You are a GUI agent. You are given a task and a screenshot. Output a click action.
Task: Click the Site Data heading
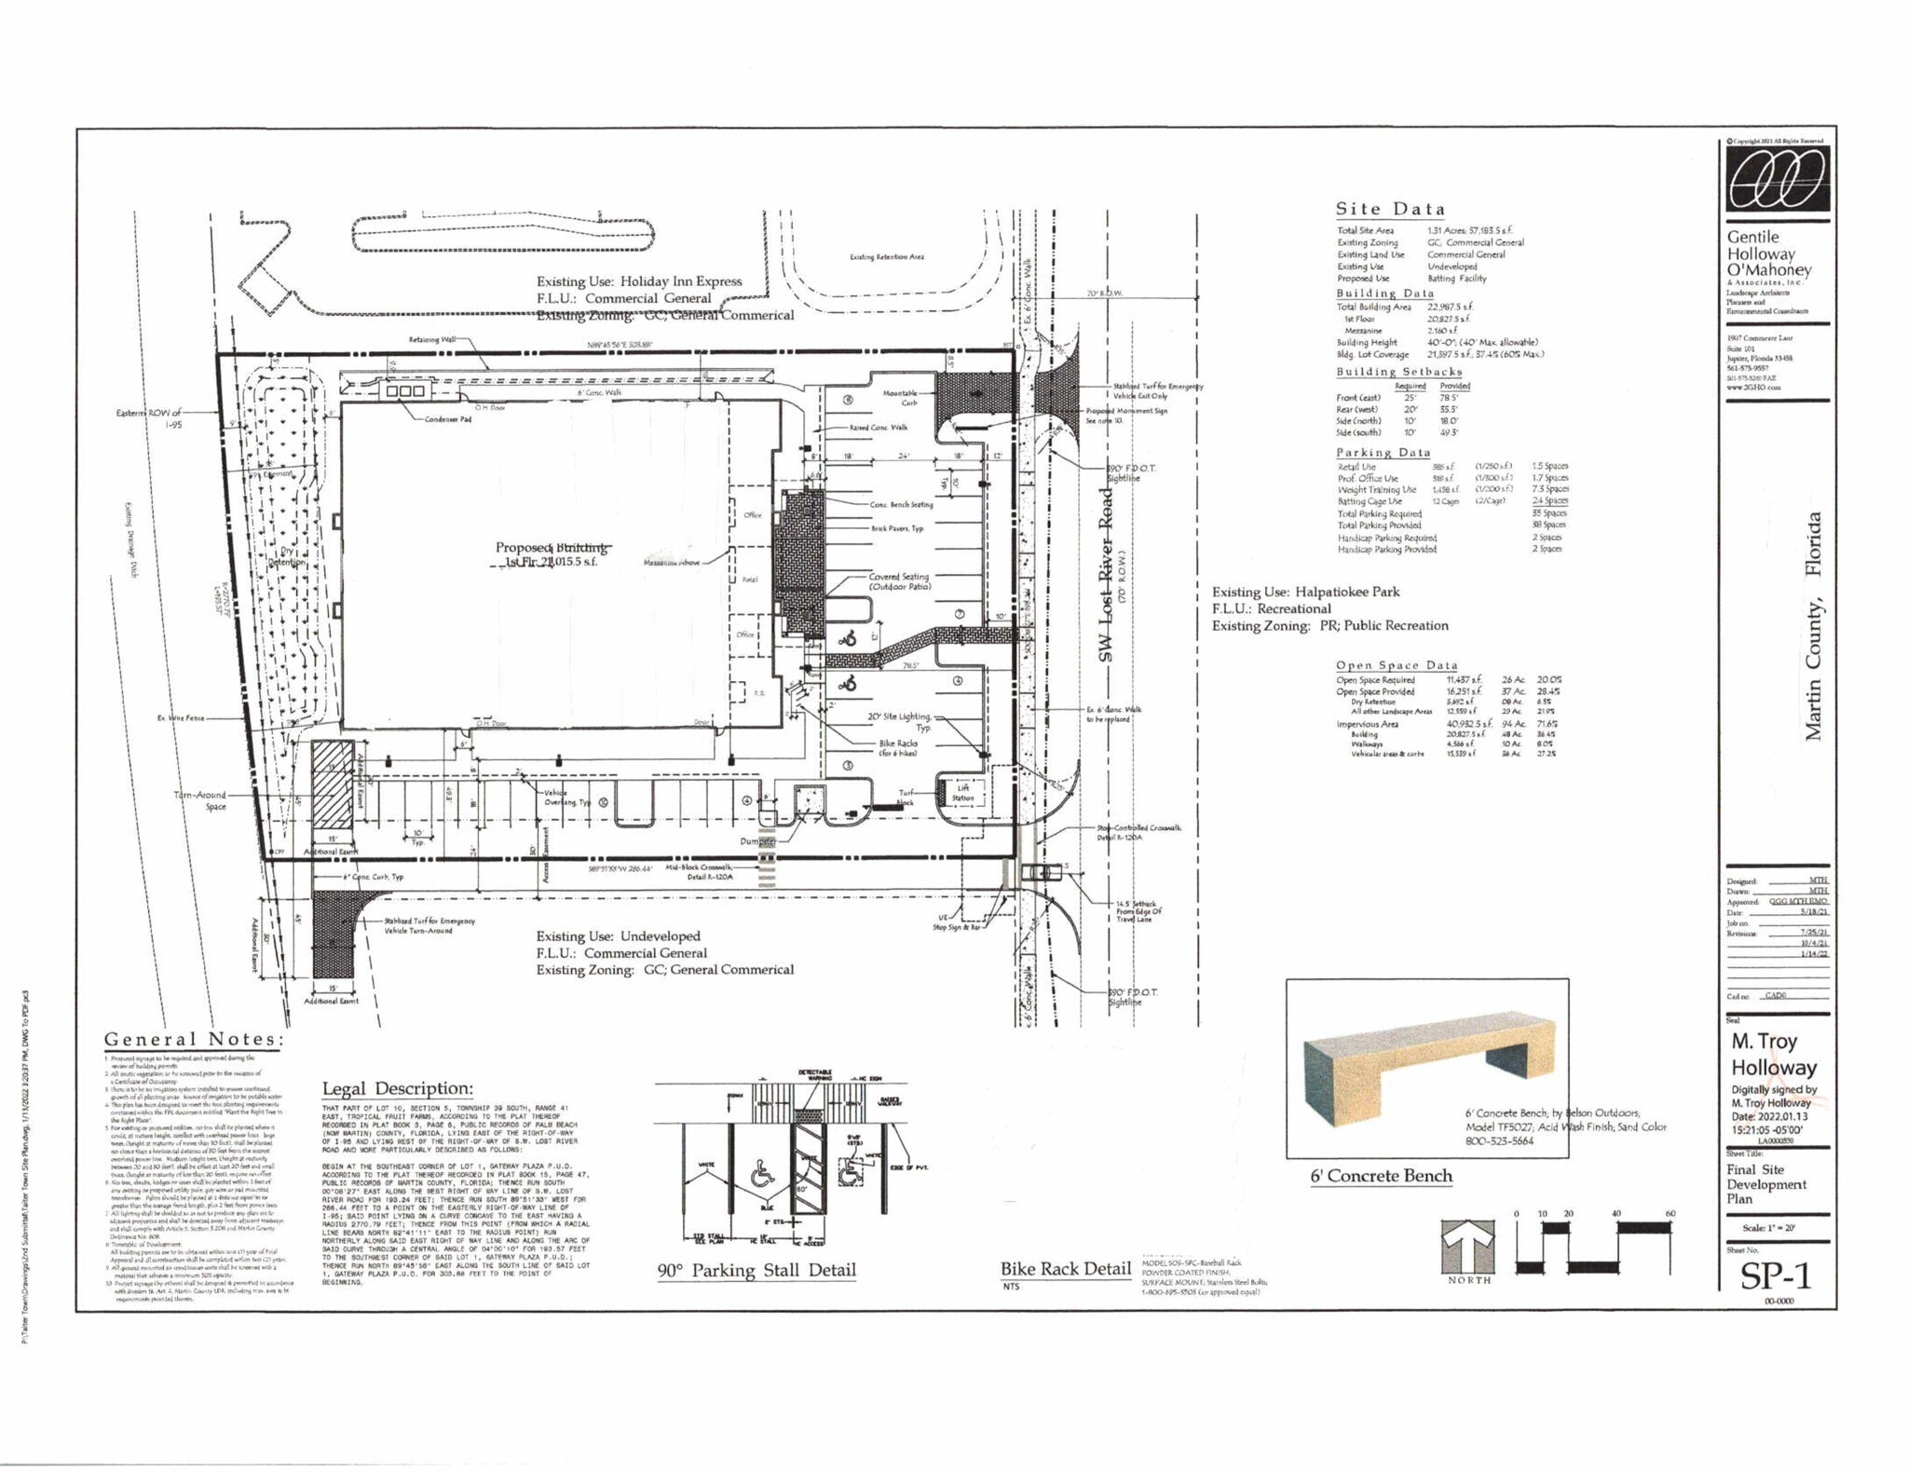tap(1390, 209)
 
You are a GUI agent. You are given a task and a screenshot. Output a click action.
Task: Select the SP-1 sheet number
tap(1775, 1275)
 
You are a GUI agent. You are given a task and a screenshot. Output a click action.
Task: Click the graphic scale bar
tap(1593, 1247)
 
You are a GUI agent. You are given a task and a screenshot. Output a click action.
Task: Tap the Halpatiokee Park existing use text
tap(1305, 592)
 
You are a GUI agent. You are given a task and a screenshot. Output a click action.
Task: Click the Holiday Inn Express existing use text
tap(639, 281)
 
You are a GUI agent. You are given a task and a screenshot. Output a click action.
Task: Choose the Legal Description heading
tap(397, 1088)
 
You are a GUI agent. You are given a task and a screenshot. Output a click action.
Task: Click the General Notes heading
tap(194, 1039)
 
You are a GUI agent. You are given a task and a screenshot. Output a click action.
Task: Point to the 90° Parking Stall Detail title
tap(756, 1270)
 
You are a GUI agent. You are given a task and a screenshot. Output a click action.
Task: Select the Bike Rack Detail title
tap(1065, 1268)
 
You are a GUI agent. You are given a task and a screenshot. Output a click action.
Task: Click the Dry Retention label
tap(287, 556)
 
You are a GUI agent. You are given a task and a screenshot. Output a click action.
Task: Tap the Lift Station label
tap(962, 793)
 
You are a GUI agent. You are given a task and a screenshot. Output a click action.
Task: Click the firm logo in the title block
tap(1776, 179)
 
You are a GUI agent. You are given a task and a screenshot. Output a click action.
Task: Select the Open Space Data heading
tap(1396, 665)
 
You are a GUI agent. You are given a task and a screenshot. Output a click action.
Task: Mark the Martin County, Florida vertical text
tap(1812, 625)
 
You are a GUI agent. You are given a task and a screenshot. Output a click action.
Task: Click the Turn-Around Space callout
tap(201, 800)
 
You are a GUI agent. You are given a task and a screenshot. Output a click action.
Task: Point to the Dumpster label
tap(757, 841)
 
